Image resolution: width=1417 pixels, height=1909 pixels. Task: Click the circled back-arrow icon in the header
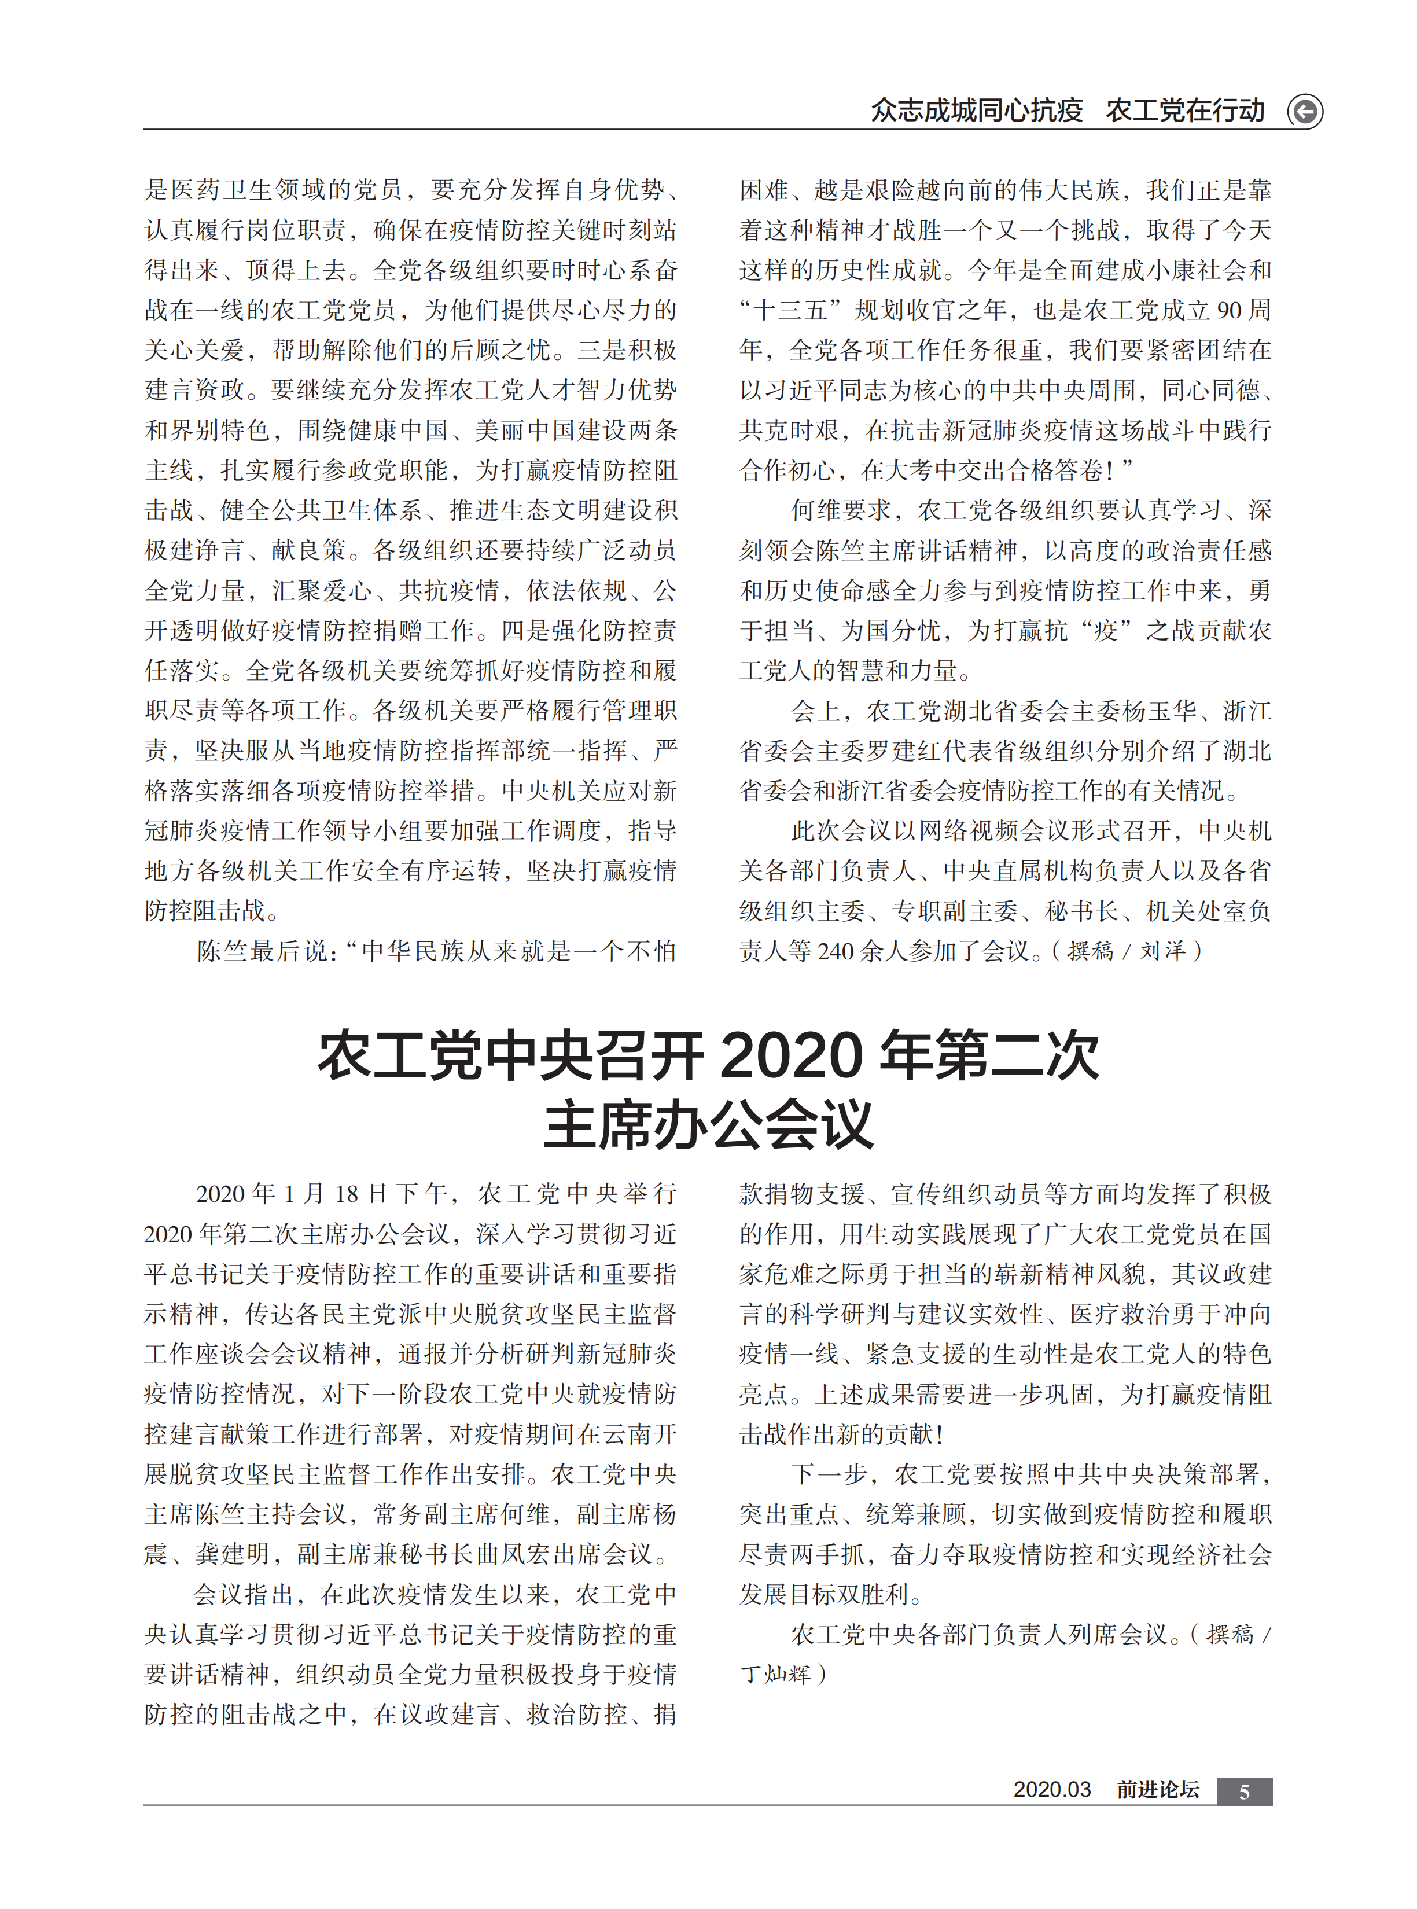click(x=1305, y=112)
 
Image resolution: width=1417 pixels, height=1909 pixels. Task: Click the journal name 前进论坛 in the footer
click(x=1157, y=1790)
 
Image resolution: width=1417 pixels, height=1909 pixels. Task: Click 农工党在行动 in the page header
click(x=1184, y=111)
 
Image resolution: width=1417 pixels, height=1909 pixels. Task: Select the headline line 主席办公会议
click(x=708, y=1124)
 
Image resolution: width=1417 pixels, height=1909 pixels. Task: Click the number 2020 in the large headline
click(x=791, y=1055)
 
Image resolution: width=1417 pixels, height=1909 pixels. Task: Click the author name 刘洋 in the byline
click(x=1162, y=951)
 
